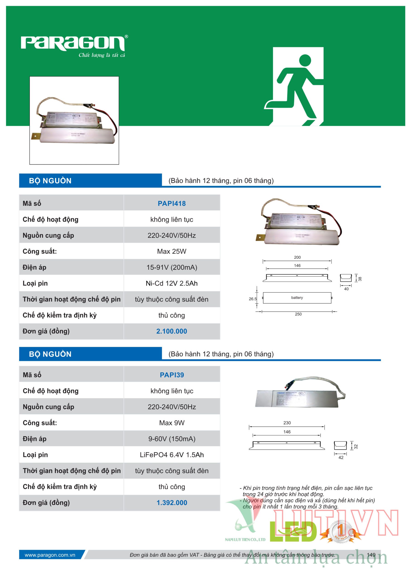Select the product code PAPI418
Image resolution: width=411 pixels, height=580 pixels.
point(172,203)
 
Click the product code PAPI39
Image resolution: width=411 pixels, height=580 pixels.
point(172,375)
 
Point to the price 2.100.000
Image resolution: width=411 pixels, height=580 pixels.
point(172,331)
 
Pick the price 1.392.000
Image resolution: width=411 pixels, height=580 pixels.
point(172,503)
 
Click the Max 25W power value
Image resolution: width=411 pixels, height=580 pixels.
point(172,251)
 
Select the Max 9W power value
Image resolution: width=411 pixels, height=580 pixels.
point(172,423)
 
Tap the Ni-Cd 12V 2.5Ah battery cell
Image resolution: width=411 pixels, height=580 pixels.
point(172,283)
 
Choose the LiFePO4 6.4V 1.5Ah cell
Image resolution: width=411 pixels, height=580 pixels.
point(172,455)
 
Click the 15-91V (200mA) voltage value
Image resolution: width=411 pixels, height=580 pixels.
point(172,267)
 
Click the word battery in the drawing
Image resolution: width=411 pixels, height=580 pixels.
point(297,298)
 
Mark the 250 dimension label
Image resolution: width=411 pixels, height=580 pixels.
point(298,314)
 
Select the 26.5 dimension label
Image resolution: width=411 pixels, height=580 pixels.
point(252,299)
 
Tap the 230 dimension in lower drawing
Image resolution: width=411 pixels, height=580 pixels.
point(287,423)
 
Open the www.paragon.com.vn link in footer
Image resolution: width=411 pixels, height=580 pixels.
point(50,555)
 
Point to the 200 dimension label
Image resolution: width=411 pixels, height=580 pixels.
point(297,257)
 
